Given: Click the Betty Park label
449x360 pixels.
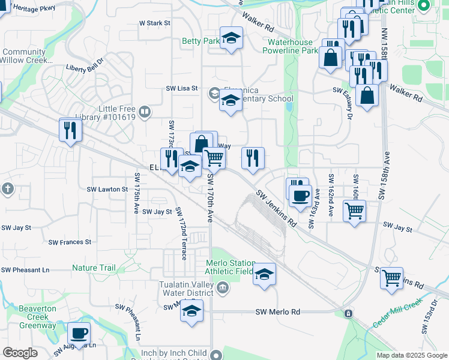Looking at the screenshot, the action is [200, 41].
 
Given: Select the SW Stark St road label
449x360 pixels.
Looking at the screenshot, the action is [155, 23].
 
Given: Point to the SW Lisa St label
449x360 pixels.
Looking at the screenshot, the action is [182, 88].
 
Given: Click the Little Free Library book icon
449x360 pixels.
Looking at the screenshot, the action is [144, 112].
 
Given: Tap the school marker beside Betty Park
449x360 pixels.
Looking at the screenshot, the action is [231, 39].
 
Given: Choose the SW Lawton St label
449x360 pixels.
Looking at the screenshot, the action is [108, 189].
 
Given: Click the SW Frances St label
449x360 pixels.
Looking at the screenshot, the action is [71, 242].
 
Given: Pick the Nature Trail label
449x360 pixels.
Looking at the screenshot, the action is [94, 268].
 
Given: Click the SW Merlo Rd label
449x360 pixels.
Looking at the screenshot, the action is [277, 312].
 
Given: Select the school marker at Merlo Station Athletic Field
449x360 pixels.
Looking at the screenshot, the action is [264, 275].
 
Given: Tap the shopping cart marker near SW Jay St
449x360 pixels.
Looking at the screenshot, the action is [355, 211].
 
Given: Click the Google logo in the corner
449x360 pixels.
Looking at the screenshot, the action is [20, 353].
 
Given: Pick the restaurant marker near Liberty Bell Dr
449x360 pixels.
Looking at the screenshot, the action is [71, 130].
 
